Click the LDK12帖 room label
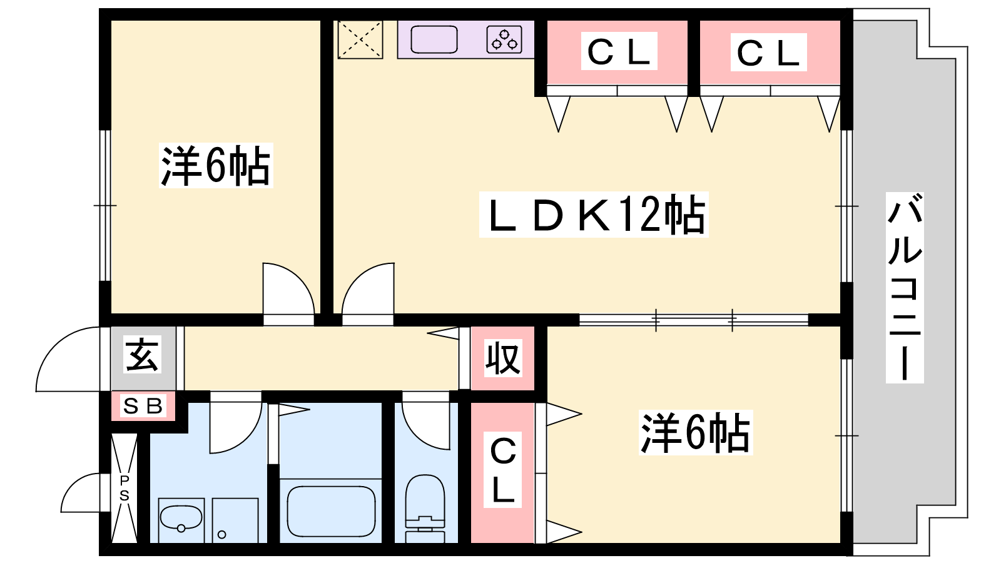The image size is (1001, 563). [x=594, y=215]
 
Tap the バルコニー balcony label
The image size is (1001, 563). [x=905, y=287]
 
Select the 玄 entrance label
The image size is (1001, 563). [x=142, y=355]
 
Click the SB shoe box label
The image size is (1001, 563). [x=143, y=406]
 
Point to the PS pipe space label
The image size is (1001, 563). [x=124, y=488]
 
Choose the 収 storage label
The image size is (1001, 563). [x=503, y=358]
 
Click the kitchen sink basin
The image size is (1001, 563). [x=434, y=39]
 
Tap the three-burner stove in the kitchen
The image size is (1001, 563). [x=504, y=39]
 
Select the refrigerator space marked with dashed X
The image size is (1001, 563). [x=360, y=39]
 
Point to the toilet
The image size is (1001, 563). [x=425, y=509]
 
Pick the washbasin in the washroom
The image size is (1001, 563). [x=181, y=519]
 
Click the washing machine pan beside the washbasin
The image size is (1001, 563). [x=235, y=520]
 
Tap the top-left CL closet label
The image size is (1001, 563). [x=619, y=51]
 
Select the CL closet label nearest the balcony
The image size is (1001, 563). [x=768, y=52]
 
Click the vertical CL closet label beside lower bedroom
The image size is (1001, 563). [x=503, y=470]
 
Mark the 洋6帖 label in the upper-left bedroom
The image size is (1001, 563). [x=216, y=165]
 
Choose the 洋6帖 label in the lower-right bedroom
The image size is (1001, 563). [x=696, y=432]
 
